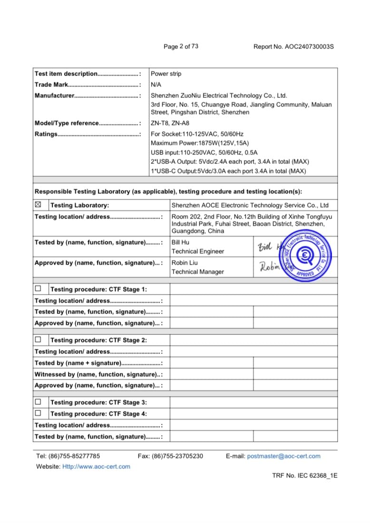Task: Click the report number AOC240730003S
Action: click(309, 47)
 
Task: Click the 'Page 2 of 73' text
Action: click(181, 47)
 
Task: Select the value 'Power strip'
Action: click(166, 74)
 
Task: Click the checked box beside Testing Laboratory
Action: click(39, 205)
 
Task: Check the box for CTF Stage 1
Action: click(38, 289)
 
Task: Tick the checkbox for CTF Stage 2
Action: click(38, 340)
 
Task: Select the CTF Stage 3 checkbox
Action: click(38, 402)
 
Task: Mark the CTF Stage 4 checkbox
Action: click(38, 413)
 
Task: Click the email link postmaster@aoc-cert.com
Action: click(284, 456)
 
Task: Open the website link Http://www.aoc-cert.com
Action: click(96, 466)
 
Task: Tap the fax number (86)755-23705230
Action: click(177, 456)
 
